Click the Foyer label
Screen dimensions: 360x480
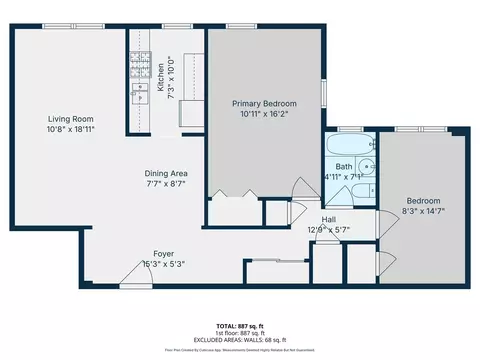click(164, 254)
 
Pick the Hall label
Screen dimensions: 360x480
click(328, 219)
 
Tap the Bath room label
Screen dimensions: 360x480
click(343, 167)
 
